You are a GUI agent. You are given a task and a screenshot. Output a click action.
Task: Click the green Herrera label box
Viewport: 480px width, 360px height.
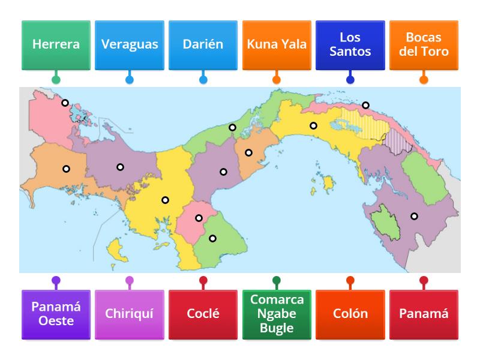(x=56, y=44)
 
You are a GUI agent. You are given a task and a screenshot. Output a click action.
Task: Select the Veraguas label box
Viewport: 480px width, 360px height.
(x=130, y=44)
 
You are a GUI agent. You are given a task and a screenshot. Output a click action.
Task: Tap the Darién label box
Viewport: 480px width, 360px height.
(x=203, y=44)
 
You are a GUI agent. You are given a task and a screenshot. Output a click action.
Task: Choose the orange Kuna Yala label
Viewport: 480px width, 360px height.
(x=277, y=44)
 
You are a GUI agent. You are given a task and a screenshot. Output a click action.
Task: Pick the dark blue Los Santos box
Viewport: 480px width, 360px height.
(x=350, y=44)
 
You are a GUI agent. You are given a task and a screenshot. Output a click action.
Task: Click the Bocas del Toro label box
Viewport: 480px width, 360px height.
(x=424, y=44)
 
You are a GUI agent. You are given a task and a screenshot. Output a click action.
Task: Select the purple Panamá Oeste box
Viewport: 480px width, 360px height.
(x=56, y=313)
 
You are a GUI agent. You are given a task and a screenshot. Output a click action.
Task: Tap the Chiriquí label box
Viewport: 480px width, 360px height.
(x=130, y=313)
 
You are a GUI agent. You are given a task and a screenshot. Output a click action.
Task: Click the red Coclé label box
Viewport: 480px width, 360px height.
(x=203, y=313)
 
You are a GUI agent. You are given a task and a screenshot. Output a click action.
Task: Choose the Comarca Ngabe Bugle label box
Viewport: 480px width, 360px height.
(x=277, y=313)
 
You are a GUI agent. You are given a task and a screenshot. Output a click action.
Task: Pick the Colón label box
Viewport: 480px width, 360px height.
(x=350, y=313)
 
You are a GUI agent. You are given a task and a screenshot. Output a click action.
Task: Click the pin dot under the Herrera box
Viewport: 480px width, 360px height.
(x=56, y=79)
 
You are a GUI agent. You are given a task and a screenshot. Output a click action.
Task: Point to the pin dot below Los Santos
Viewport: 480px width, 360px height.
(x=350, y=79)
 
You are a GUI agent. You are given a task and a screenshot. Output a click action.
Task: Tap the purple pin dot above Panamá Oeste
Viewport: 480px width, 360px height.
(x=56, y=280)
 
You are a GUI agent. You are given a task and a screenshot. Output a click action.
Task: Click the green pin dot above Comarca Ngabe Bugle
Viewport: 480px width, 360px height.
(x=277, y=280)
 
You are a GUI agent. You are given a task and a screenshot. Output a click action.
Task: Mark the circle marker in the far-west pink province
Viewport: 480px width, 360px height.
(x=65, y=103)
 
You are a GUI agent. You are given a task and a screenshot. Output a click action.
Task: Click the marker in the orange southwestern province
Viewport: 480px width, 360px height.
(x=66, y=169)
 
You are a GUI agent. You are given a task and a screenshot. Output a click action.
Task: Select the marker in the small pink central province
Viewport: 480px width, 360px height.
(x=199, y=218)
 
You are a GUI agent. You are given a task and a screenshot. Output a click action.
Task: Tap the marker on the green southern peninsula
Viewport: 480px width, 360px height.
(x=212, y=238)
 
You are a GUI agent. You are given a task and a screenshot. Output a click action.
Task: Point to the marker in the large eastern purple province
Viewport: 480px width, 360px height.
(x=414, y=216)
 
